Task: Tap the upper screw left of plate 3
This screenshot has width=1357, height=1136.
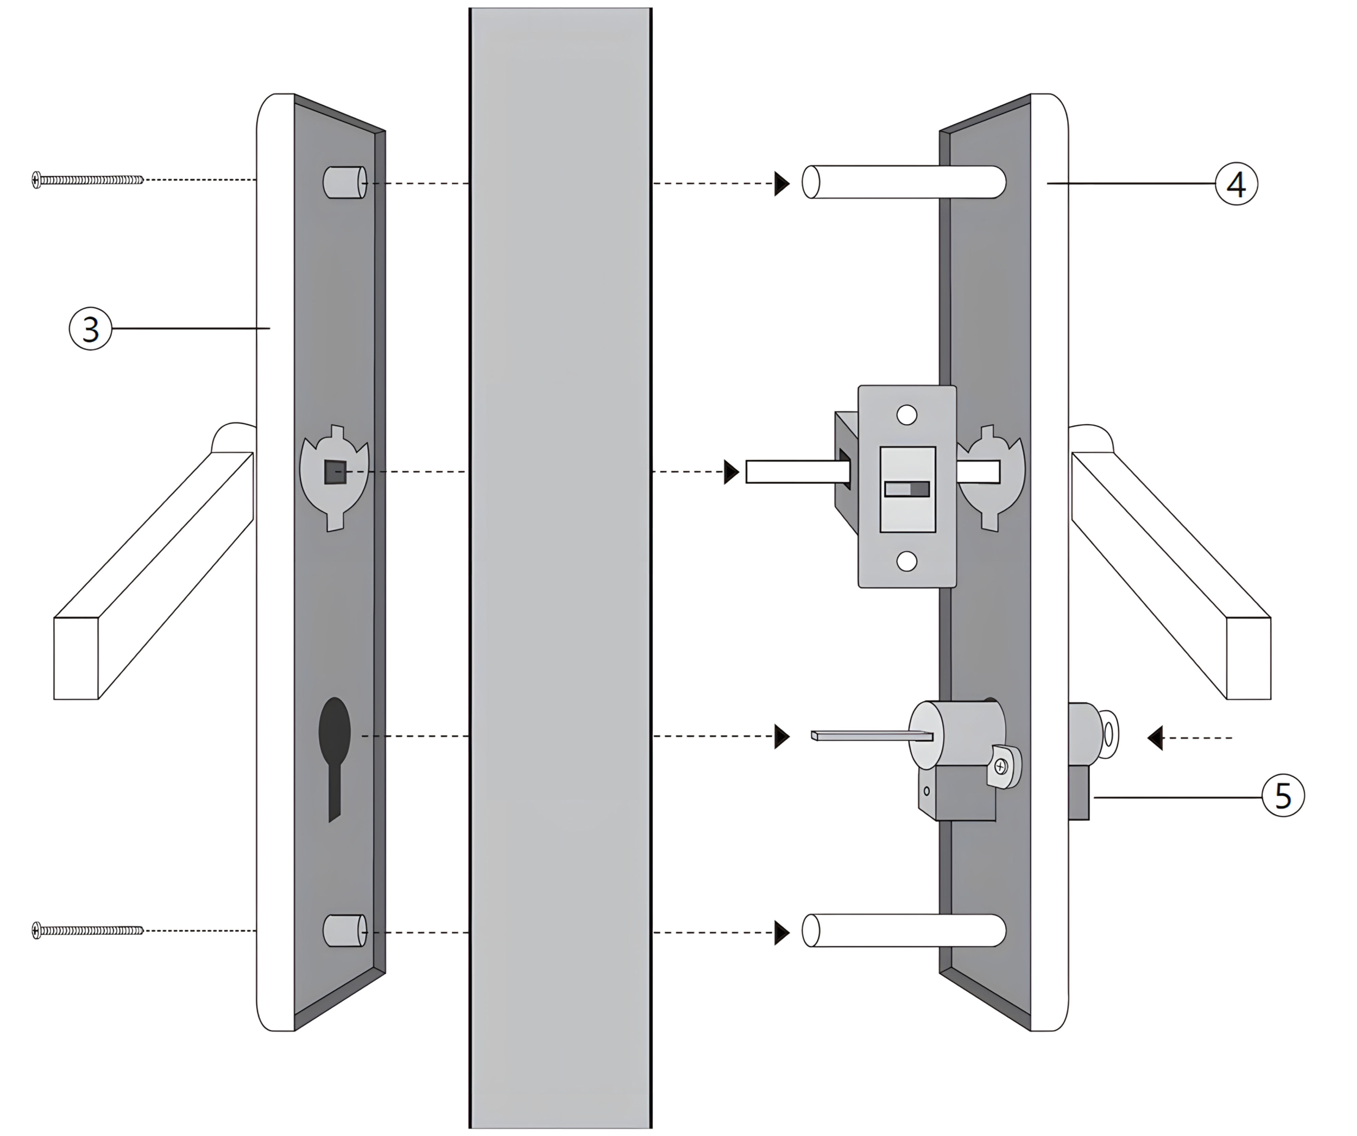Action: point(87,179)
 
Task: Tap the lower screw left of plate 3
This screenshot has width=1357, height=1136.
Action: point(87,930)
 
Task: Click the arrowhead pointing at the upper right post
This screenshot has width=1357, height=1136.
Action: point(782,184)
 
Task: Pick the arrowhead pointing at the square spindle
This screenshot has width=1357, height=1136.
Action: point(731,472)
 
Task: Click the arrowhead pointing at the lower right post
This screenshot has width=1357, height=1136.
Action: point(782,932)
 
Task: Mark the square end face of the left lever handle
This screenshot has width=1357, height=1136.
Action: point(76,658)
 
